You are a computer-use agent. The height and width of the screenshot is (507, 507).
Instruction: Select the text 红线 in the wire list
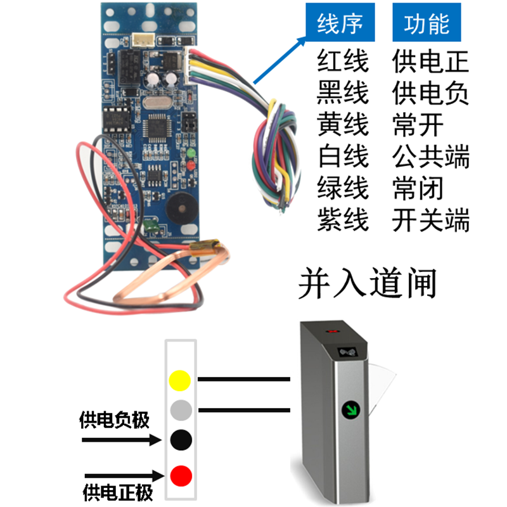point(342,62)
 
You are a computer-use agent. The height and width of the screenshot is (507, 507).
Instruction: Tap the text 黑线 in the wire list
point(342,94)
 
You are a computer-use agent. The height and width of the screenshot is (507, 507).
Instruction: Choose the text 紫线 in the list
point(342,221)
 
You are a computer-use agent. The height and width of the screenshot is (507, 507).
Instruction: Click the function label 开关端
point(431,221)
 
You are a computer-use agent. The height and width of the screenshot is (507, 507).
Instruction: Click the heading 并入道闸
point(368,283)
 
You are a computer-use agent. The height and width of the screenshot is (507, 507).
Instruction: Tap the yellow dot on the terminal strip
point(181,380)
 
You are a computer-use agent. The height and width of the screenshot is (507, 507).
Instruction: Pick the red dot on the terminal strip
point(181,473)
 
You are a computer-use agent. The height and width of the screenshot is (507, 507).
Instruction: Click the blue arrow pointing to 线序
point(279,60)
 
